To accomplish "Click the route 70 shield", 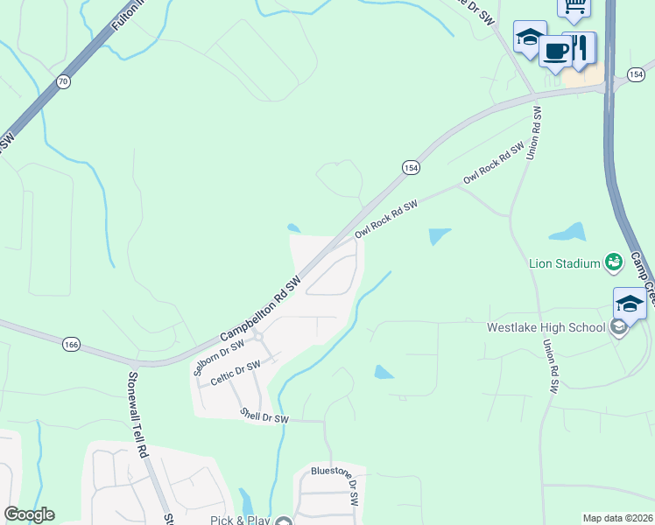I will (x=61, y=81).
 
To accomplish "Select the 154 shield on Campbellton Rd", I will (x=411, y=167).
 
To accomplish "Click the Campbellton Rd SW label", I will (x=260, y=310).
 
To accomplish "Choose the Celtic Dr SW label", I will (x=236, y=373).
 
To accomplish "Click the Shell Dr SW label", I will (x=264, y=418).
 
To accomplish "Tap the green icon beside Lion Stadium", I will (x=614, y=262).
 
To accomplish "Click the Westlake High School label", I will (x=546, y=328).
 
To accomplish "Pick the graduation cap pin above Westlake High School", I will (x=630, y=303).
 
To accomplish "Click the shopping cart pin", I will (x=574, y=7).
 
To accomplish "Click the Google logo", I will (x=29, y=514).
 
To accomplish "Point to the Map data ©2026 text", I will (x=617, y=518).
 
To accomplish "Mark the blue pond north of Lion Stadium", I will (x=567, y=233).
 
